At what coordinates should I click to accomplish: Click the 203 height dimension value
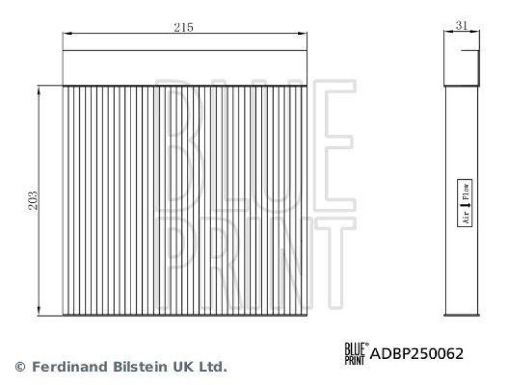[x=34, y=200]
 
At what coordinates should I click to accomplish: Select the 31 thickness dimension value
[x=461, y=26]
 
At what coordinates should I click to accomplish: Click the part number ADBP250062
[x=416, y=353]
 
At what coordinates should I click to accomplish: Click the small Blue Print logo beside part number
[x=355, y=352]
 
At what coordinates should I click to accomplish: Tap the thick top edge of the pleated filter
[x=184, y=85]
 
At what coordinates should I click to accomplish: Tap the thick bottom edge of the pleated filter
[x=184, y=314]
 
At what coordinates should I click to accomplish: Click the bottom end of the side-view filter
[x=461, y=313]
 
